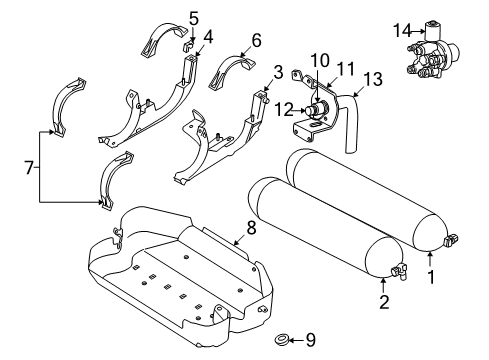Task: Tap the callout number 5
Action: [x=194, y=17]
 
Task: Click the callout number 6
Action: [x=256, y=42]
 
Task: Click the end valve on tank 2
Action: [x=401, y=270]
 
